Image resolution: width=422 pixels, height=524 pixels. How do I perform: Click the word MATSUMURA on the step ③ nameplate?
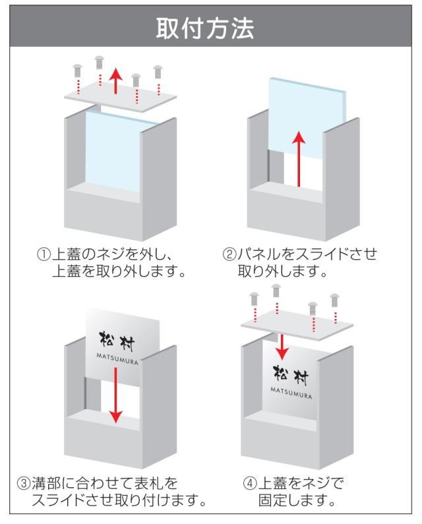(x=116, y=359)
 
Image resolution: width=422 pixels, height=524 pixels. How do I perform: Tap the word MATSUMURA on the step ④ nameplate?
(x=291, y=390)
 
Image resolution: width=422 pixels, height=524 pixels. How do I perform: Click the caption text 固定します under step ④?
(x=293, y=501)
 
